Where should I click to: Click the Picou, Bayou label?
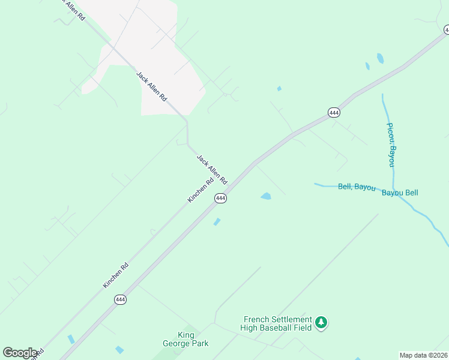click(x=391, y=145)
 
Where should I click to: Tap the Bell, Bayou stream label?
click(x=357, y=187)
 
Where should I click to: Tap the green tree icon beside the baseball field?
click(x=322, y=323)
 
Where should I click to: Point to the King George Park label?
click(x=185, y=339)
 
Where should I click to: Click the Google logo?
click(x=20, y=353)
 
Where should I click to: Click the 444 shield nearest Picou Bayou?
click(x=334, y=112)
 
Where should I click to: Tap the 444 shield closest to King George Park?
click(x=120, y=299)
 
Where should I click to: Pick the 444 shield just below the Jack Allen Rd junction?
click(x=220, y=198)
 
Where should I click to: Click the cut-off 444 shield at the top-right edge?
click(x=446, y=29)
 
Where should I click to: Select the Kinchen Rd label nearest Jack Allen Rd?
click(x=200, y=190)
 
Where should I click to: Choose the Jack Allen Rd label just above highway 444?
click(x=212, y=169)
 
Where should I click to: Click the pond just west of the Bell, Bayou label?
click(x=265, y=196)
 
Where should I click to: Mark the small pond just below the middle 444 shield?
click(x=217, y=222)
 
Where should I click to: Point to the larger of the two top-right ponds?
click(x=380, y=58)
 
